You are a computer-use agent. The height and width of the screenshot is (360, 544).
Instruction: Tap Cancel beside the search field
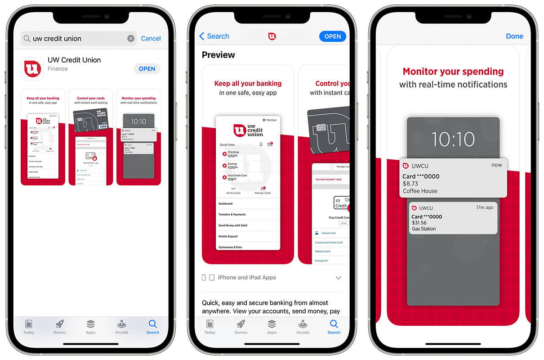[151, 39]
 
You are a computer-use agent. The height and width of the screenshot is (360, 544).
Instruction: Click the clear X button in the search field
[131, 39]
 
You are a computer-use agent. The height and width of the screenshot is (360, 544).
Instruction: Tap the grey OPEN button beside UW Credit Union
[147, 69]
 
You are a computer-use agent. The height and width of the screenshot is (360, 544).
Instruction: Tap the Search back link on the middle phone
[214, 36]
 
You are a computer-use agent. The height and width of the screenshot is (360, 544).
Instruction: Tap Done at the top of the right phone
[514, 36]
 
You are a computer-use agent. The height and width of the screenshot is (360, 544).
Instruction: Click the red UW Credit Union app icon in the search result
[32, 69]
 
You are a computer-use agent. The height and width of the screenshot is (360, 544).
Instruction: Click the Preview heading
[218, 55]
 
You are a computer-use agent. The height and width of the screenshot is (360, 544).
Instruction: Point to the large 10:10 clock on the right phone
[453, 139]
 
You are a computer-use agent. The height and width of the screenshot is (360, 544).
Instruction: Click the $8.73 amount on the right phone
[410, 184]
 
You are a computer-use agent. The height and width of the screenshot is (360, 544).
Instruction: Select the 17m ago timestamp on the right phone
[485, 207]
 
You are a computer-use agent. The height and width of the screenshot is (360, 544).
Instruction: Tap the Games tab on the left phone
[60, 327]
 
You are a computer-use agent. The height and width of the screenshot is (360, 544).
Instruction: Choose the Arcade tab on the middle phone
[303, 327]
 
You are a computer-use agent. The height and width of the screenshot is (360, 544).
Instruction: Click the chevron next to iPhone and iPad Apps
[339, 278]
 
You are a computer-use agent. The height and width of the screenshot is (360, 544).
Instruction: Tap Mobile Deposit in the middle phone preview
[228, 236]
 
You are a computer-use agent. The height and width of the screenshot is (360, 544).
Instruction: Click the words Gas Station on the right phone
[424, 229]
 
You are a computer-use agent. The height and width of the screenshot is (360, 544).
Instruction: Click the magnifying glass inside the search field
[27, 39]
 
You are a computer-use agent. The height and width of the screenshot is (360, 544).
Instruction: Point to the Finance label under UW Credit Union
[58, 69]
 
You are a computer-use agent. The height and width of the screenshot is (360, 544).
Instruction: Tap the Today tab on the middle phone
[210, 327]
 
